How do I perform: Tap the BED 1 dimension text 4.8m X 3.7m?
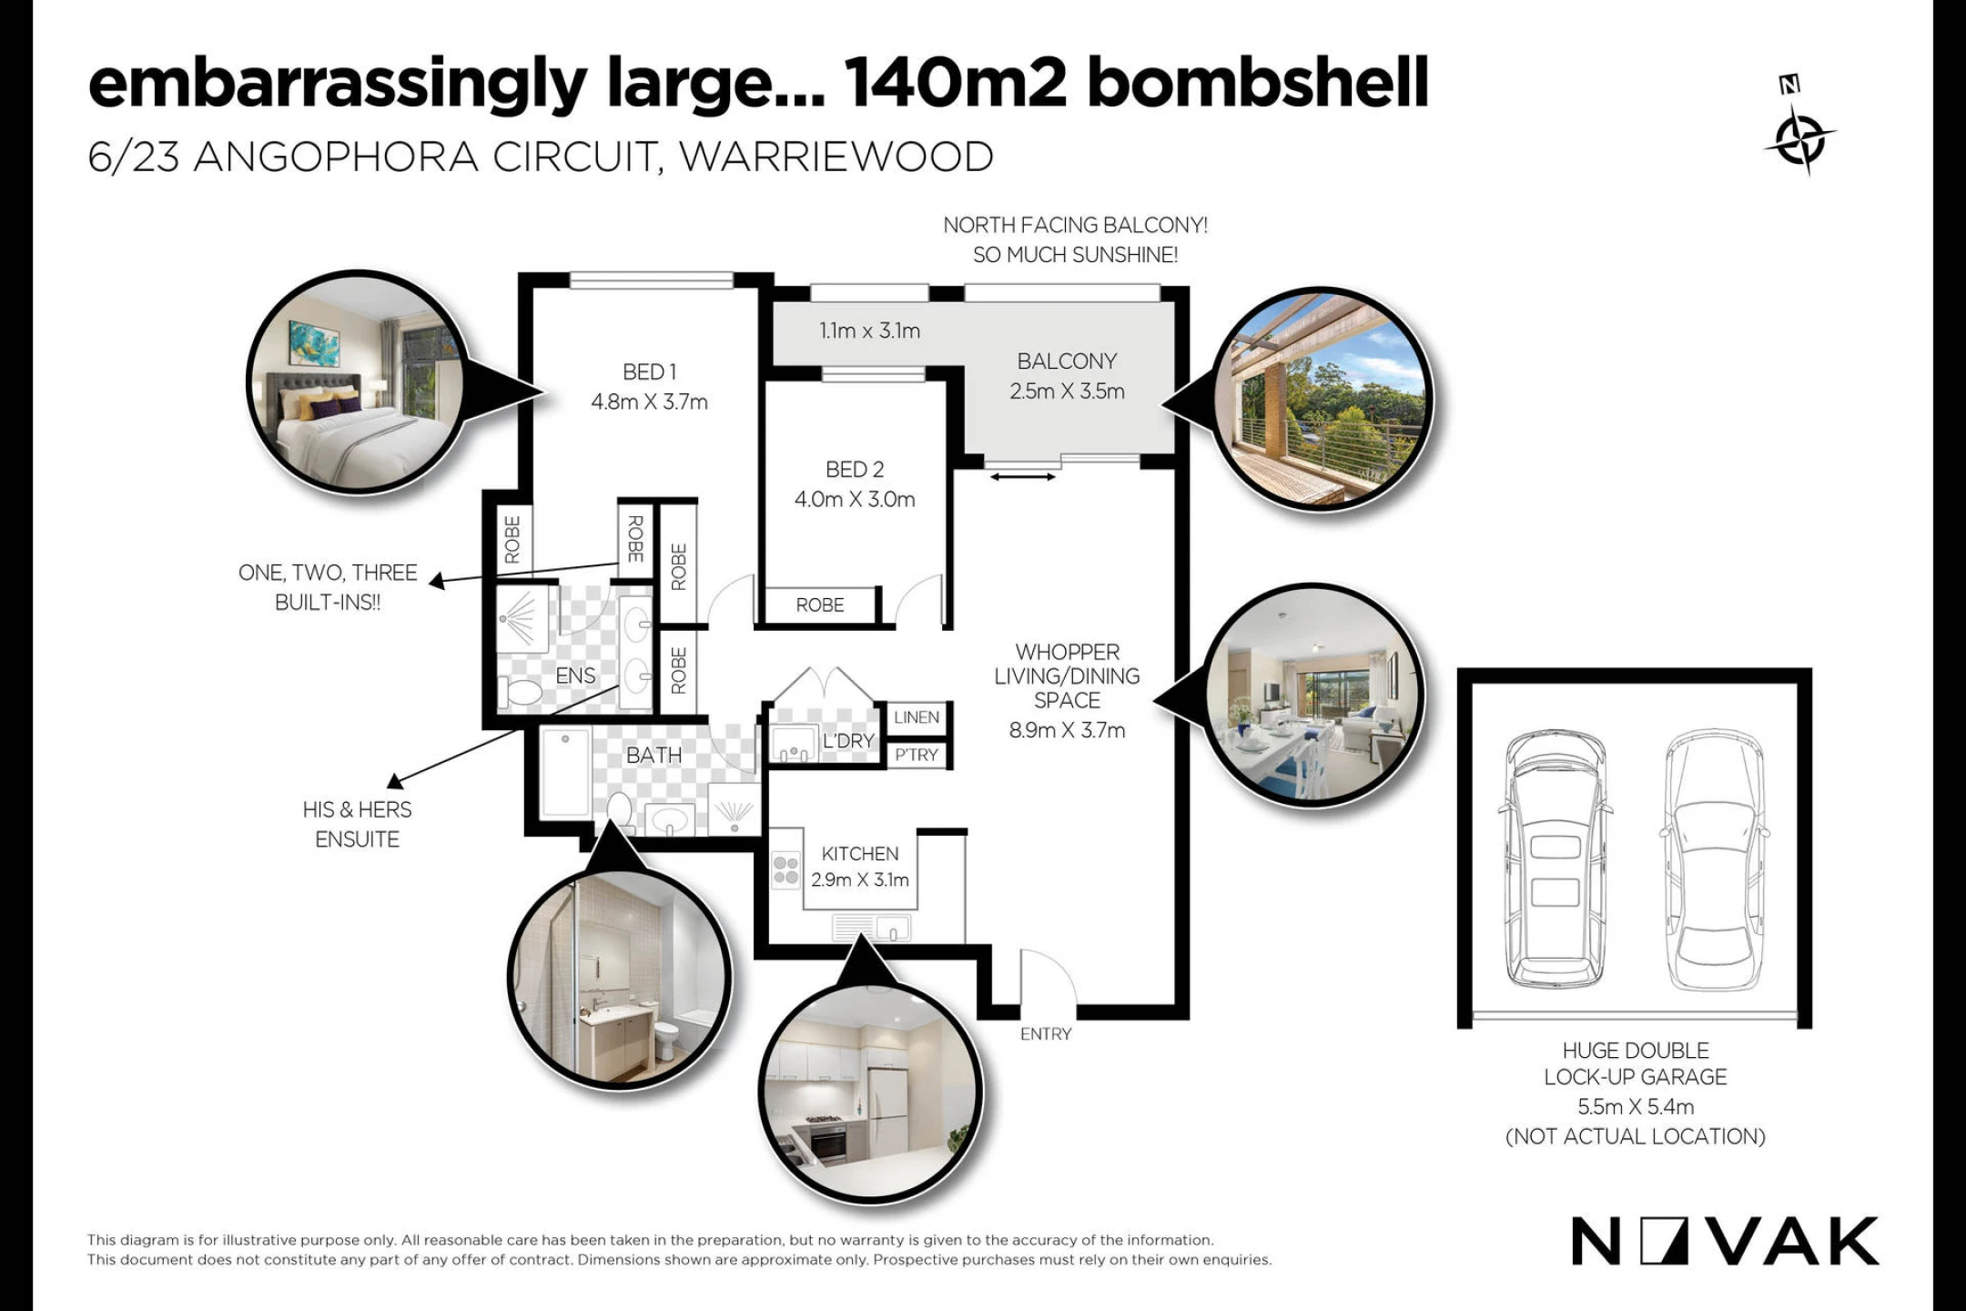point(649,401)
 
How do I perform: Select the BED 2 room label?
point(854,469)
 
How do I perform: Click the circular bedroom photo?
point(357,382)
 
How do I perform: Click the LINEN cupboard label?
point(916,717)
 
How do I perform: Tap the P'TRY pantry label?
point(916,755)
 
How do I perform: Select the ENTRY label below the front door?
point(1046,1033)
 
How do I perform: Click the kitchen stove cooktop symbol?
point(785,870)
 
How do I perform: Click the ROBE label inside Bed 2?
point(819,605)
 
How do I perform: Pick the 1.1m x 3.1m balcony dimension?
point(869,330)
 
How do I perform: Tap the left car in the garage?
point(1555,859)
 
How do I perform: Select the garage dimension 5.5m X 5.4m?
point(1636,1107)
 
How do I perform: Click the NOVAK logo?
point(1725,1242)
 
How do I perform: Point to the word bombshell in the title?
point(1258,84)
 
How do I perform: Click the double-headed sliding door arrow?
point(1023,476)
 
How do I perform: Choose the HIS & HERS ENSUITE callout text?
point(357,824)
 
